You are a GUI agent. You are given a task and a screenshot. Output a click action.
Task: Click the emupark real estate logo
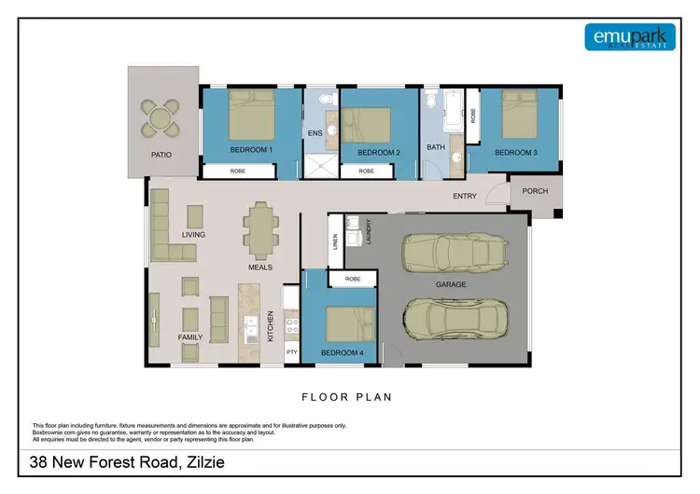tap(629, 36)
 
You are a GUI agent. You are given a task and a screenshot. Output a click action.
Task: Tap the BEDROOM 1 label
tap(251, 151)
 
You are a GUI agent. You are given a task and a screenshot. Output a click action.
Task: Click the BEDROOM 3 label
tap(515, 152)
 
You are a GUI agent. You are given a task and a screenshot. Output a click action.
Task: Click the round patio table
tap(162, 118)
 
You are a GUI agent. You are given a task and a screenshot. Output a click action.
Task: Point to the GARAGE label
tap(451, 284)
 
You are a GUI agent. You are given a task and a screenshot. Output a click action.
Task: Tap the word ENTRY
tap(465, 197)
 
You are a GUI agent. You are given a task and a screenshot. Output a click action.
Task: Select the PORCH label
tap(535, 192)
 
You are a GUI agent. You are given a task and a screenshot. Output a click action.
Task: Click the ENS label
tap(315, 134)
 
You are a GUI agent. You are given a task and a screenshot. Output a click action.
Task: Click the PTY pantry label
tap(291, 351)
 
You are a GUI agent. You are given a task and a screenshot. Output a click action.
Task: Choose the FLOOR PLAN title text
tap(346, 397)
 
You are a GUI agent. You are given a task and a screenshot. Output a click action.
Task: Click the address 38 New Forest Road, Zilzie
tap(125, 462)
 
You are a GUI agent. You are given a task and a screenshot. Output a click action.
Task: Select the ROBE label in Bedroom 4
tap(352, 279)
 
